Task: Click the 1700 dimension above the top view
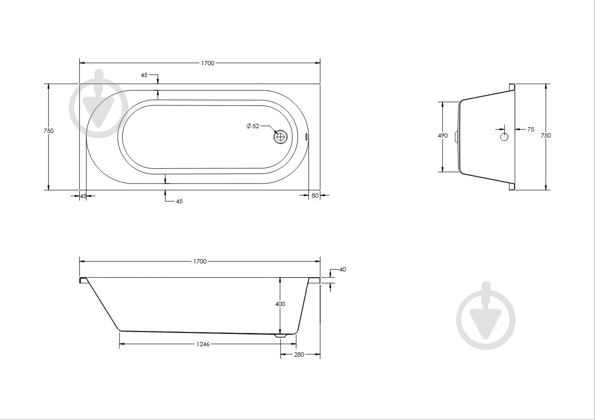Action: tap(207, 63)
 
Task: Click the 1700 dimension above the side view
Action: tap(200, 262)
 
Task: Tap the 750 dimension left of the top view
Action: tap(49, 131)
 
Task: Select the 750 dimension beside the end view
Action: tap(546, 136)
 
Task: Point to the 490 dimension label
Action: tap(443, 136)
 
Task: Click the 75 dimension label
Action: tap(531, 130)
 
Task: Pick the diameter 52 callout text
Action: tap(253, 126)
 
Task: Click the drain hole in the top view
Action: tap(280, 137)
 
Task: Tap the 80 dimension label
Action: tap(315, 196)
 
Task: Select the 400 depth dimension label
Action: tap(280, 304)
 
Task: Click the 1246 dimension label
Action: tap(203, 344)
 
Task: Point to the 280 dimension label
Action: tap(299, 355)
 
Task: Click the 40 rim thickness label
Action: tap(343, 270)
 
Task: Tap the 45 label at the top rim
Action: tap(144, 75)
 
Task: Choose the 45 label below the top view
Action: tap(179, 201)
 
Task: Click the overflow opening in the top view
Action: tap(307, 137)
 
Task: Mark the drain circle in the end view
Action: tap(504, 137)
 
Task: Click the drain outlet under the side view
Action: tap(280, 336)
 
